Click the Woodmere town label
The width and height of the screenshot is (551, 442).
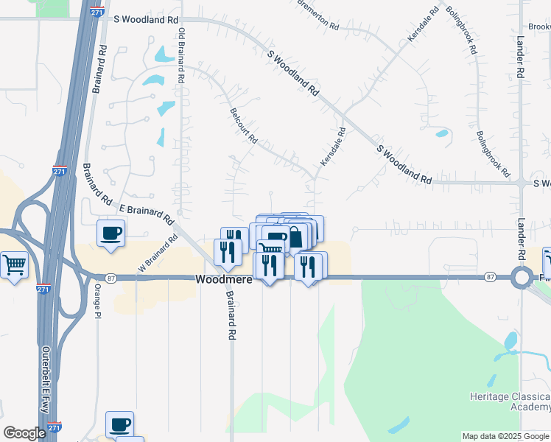point(224,280)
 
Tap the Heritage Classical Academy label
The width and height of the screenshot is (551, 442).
point(510,401)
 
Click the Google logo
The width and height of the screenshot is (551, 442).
point(24,433)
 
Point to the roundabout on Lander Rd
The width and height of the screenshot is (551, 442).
point(522,278)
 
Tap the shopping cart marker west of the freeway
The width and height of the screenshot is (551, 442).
point(15,264)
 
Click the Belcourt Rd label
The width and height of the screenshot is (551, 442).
point(243,126)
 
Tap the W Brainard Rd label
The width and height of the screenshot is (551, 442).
point(158,252)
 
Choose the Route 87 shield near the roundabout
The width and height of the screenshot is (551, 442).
point(490,277)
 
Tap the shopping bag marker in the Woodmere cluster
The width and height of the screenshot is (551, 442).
point(295,236)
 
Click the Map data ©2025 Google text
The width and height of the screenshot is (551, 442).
point(505,436)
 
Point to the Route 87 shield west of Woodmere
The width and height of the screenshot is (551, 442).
point(110,278)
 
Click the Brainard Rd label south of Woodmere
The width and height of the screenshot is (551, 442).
point(231,315)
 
